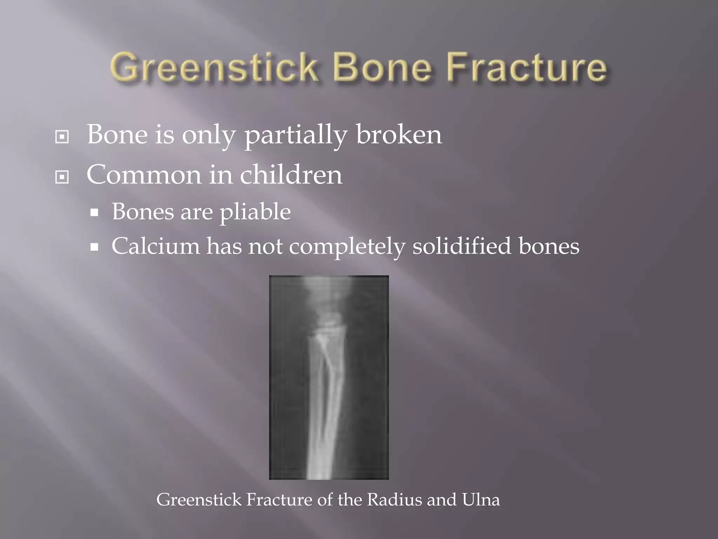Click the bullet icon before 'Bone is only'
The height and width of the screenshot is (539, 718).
click(62, 137)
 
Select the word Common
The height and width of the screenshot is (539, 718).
click(143, 175)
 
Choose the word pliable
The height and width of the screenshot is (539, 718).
click(255, 212)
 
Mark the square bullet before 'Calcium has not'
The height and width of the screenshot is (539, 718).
click(94, 247)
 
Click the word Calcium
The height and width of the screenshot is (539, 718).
click(155, 246)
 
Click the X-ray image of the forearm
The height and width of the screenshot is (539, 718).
click(328, 377)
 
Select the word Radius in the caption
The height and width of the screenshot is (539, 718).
click(394, 499)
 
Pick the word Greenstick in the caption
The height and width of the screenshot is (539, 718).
click(199, 499)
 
